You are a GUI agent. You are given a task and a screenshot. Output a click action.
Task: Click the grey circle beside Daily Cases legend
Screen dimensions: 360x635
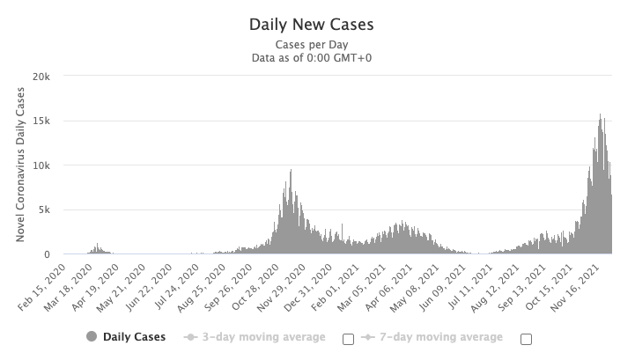92,337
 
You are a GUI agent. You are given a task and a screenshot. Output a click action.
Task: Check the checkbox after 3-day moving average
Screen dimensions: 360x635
347,338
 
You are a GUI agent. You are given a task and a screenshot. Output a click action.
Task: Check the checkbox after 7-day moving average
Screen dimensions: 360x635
527,338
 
